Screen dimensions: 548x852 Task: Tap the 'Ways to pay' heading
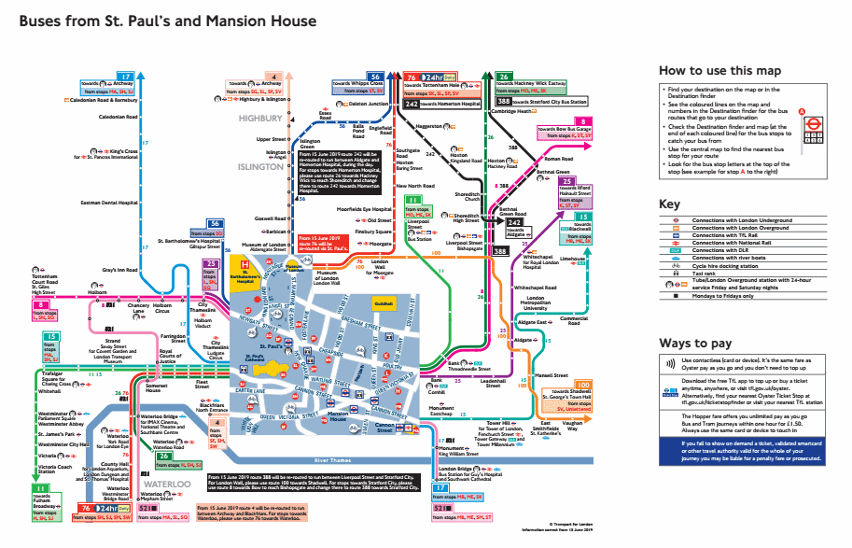[x=696, y=343]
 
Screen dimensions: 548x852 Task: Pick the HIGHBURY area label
[x=259, y=119]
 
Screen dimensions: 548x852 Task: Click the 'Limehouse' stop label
[x=571, y=260]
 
